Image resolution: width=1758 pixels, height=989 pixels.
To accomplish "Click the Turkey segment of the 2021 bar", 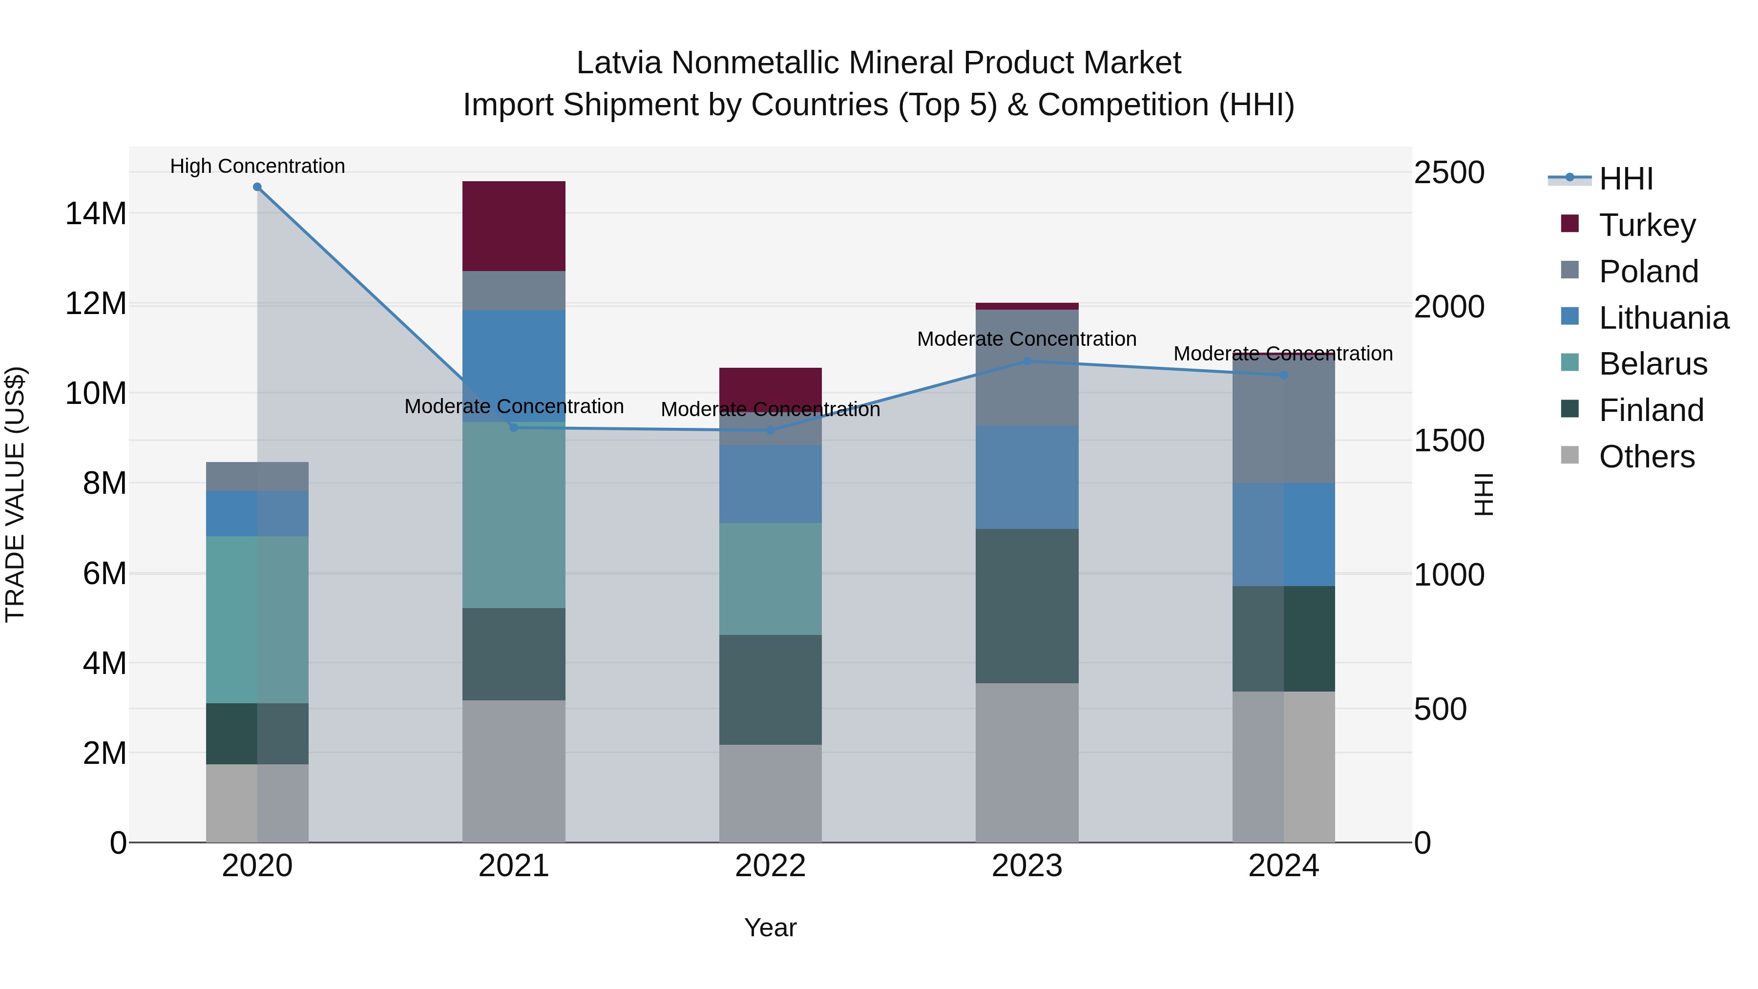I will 513,226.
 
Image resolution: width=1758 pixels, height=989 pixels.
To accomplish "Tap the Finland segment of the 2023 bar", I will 1026,606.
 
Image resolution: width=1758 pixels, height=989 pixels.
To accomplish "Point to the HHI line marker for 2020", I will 257,187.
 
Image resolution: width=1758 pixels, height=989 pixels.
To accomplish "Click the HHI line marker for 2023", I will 1026,361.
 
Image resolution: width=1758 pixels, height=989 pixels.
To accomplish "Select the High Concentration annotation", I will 257,166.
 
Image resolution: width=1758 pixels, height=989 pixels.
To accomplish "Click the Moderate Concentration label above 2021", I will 513,406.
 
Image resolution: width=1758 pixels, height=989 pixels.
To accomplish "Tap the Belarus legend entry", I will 1652,364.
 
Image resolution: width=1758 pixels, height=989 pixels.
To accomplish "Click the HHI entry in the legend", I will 1626,179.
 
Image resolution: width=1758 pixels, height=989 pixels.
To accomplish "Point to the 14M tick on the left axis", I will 96,213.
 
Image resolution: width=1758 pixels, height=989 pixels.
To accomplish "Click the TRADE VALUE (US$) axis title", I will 15,494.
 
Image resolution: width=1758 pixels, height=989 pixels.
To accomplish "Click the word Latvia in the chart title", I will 619,63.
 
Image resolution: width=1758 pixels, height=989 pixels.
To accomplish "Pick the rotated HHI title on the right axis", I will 1483,494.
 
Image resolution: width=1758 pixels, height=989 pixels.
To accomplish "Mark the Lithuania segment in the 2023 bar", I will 1026,477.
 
